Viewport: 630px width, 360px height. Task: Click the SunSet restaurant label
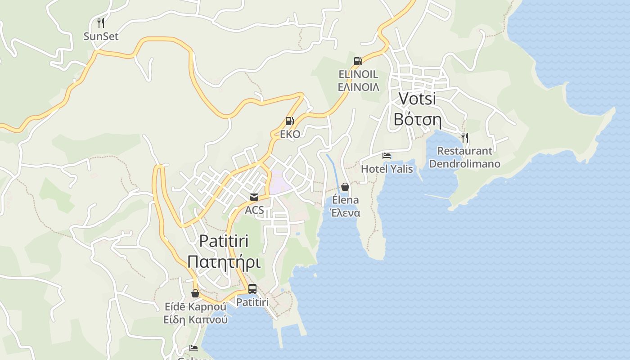(x=101, y=36)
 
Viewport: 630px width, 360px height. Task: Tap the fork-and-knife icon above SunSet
(x=101, y=22)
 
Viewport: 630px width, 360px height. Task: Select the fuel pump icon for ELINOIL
(x=358, y=61)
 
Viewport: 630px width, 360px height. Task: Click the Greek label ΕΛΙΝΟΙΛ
(x=358, y=87)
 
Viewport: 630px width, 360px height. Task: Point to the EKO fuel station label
(x=290, y=134)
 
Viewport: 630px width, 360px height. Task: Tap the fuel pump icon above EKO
(x=289, y=121)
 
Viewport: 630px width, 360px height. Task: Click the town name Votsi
(x=417, y=98)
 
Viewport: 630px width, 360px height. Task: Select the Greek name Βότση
(x=417, y=119)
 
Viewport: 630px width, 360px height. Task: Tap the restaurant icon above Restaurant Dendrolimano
(x=465, y=137)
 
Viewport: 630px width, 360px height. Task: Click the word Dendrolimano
(x=464, y=163)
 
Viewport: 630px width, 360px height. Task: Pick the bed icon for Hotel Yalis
(x=387, y=156)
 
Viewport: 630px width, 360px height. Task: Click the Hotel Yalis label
(x=387, y=169)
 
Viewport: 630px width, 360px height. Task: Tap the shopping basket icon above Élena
(x=345, y=187)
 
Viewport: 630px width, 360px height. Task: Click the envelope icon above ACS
(x=254, y=197)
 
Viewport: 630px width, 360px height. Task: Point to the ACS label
(x=254, y=210)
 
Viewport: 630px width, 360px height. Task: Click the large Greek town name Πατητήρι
(x=224, y=261)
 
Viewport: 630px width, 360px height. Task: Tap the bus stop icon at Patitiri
(x=252, y=289)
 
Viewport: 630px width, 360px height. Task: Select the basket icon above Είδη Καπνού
(x=195, y=293)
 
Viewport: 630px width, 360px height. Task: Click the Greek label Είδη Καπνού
(x=195, y=320)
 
